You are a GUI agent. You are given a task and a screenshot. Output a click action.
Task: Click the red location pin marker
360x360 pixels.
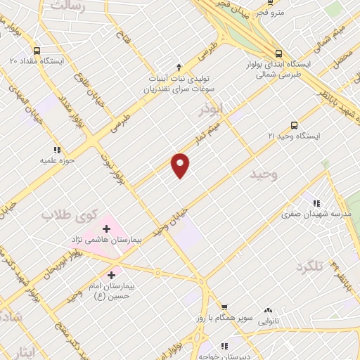click(181, 165)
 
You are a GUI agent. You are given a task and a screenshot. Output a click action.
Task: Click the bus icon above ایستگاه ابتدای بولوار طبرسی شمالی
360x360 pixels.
click(279, 53)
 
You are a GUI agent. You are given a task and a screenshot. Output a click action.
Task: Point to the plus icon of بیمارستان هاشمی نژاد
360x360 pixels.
click(107, 229)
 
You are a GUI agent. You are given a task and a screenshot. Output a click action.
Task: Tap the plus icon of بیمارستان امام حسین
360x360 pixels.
click(111, 275)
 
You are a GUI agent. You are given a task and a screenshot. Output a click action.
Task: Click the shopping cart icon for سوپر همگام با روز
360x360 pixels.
click(224, 307)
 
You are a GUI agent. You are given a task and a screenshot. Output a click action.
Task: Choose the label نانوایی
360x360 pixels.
click(268, 320)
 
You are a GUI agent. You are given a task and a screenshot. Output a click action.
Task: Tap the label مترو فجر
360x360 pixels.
click(270, 13)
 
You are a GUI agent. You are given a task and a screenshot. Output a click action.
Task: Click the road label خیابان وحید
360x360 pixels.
click(173, 217)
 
